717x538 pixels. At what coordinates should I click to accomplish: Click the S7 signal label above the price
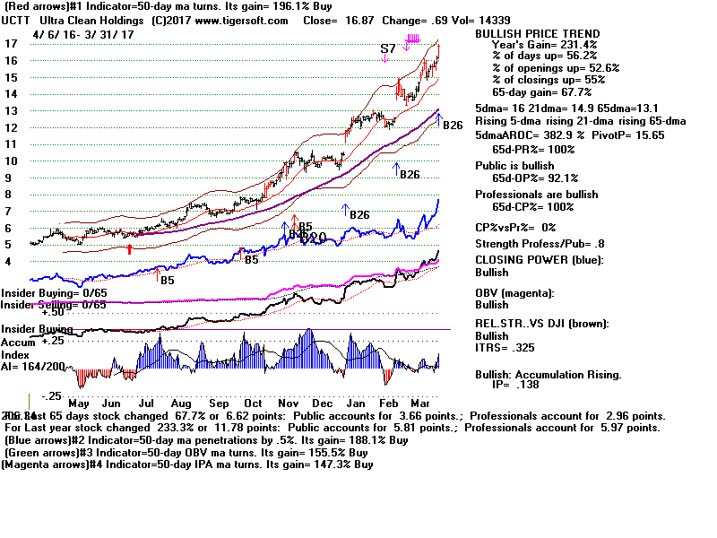(x=387, y=48)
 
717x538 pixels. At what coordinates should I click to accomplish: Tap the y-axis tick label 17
(x=11, y=43)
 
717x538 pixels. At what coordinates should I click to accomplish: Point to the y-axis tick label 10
(x=11, y=161)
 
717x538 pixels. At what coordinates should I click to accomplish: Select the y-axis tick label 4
(x=10, y=262)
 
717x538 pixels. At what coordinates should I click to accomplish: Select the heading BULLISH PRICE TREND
(x=536, y=33)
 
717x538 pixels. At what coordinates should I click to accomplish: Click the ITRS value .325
(x=527, y=346)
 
